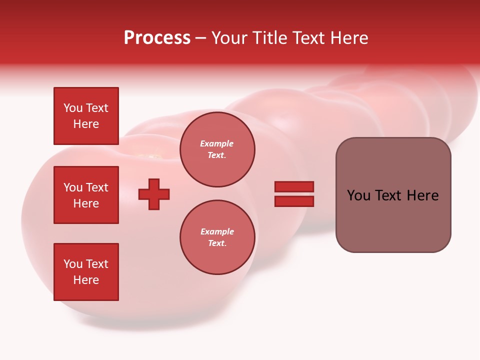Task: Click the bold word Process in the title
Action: tap(157, 38)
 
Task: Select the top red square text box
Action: tap(86, 116)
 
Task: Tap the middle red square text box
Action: tap(86, 195)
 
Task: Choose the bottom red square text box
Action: tap(86, 272)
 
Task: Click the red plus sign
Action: tap(154, 194)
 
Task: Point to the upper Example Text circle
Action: tap(217, 149)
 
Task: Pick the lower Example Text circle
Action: tap(217, 237)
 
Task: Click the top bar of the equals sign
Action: tap(294, 187)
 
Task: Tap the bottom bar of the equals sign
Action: tap(294, 201)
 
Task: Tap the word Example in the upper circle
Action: tap(217, 143)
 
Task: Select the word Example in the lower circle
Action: tap(217, 231)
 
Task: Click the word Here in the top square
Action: tap(86, 124)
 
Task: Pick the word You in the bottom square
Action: tap(73, 264)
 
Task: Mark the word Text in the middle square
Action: tap(97, 187)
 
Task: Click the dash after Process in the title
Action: tap(201, 38)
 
